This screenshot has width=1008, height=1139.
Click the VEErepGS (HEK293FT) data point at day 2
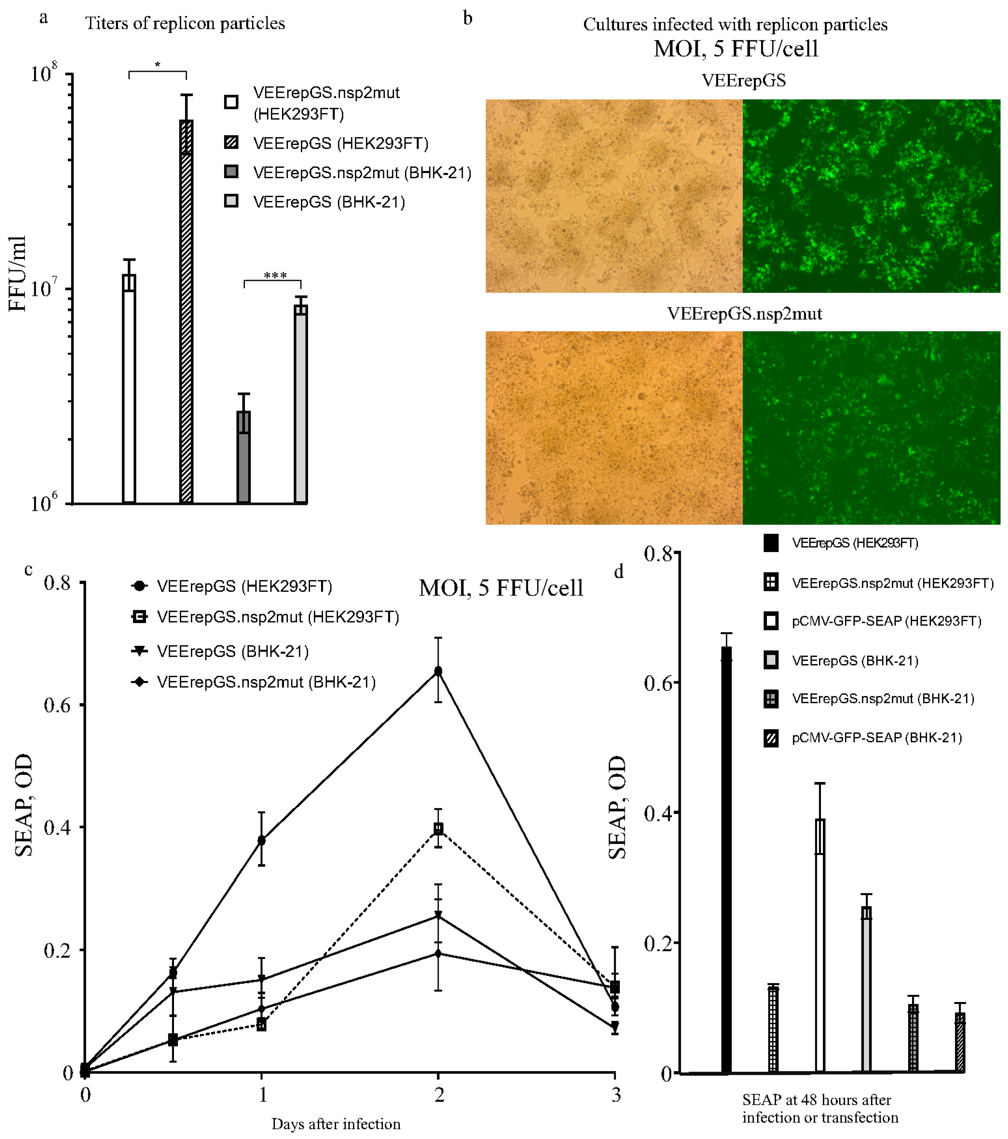[438, 671]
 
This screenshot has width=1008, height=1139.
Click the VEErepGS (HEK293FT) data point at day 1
[261, 840]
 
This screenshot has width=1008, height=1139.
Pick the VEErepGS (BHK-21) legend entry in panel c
[232, 651]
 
